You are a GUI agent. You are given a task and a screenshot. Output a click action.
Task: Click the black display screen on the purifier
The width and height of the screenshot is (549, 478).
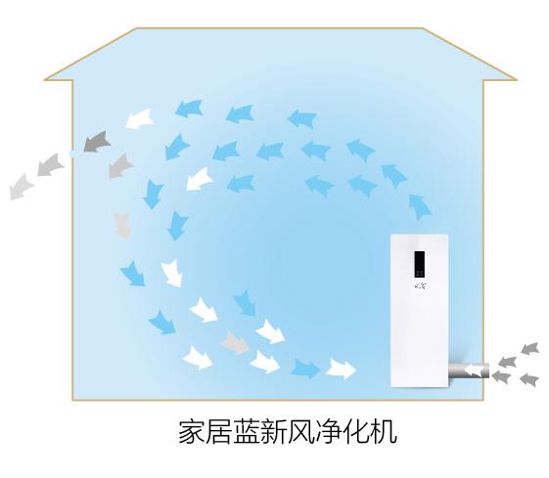point(420,264)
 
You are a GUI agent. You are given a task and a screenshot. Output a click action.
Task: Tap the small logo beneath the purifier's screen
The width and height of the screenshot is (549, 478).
point(420,286)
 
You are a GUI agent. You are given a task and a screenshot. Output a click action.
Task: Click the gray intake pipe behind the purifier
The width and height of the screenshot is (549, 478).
point(469,370)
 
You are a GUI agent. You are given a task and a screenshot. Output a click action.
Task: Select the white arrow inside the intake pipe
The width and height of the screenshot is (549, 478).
point(473,370)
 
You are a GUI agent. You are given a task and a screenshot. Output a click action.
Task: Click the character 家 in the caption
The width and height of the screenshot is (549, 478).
point(192,432)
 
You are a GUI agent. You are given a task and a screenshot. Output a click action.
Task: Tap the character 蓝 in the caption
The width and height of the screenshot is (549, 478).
point(247,432)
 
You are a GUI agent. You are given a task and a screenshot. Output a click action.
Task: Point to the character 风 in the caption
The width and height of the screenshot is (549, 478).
point(301,432)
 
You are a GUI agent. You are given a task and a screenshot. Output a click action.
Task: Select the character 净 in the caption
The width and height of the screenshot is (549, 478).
point(329,432)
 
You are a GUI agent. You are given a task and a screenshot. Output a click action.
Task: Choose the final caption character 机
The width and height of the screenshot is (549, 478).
point(384,432)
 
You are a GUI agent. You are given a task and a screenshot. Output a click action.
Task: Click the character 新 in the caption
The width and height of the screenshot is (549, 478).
point(274,432)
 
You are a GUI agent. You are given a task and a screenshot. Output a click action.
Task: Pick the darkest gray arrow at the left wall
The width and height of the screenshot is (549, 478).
point(97,142)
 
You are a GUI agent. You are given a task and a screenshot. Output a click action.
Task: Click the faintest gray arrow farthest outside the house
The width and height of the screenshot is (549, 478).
point(21,187)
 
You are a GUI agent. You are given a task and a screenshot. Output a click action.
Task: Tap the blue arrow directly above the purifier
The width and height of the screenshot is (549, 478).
point(420,206)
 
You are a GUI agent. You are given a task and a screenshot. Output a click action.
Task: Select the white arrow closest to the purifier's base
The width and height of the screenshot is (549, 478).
point(341,369)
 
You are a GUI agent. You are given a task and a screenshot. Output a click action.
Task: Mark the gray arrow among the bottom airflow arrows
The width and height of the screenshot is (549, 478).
point(234,343)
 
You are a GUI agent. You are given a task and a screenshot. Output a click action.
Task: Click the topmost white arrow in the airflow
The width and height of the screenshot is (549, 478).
point(139,119)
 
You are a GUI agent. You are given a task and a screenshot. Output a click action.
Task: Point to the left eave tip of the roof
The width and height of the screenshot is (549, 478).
point(44,80)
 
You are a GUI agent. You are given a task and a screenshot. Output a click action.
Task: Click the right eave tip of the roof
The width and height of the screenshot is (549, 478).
point(517,80)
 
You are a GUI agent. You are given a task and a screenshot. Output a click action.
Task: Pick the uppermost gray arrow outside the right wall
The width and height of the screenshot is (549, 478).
point(529,349)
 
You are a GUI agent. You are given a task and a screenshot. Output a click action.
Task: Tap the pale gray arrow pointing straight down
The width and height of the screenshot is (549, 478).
point(123,226)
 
